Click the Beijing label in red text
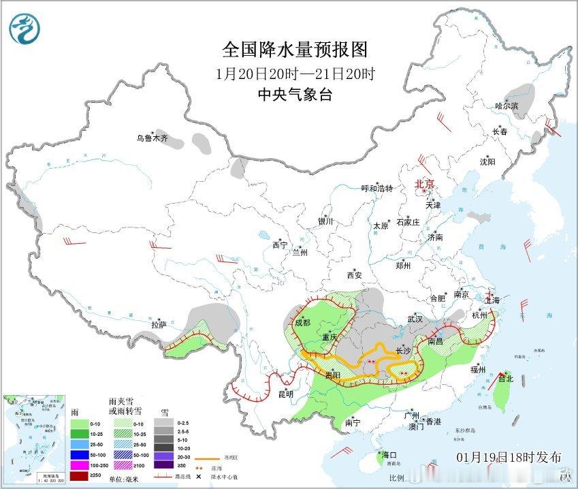point(425,184)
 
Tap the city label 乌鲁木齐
point(150,138)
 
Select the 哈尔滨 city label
point(506,106)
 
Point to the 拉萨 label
point(159,325)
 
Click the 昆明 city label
point(285,394)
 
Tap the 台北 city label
point(505,379)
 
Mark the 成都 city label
point(302,322)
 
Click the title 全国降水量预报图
point(295,49)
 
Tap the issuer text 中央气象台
point(295,95)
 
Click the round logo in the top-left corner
point(25,29)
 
